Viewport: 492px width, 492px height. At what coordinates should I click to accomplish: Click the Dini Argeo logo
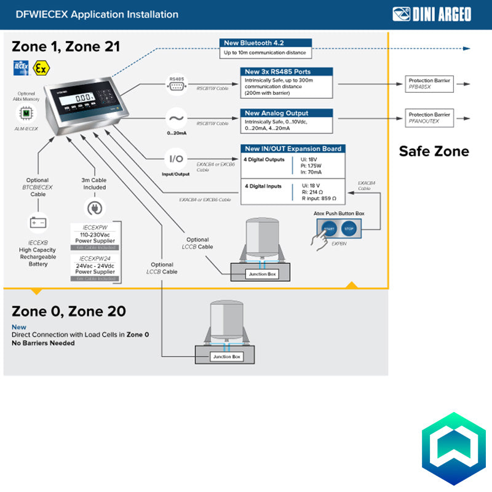(x=432, y=14)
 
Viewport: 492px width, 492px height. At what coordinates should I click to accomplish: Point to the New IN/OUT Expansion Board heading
(x=293, y=149)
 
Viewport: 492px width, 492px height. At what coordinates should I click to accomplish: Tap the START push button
(x=330, y=229)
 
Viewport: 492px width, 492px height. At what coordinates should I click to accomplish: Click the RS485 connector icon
(x=177, y=85)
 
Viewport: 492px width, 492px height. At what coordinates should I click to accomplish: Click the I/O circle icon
(x=177, y=159)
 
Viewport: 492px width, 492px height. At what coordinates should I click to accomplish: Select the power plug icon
(x=95, y=208)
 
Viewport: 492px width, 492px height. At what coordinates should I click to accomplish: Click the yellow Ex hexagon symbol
(x=41, y=68)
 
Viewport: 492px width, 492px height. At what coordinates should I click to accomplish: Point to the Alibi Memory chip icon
(x=26, y=113)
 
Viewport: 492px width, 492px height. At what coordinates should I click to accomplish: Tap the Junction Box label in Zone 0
(x=227, y=356)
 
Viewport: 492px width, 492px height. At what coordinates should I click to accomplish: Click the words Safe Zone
(x=434, y=151)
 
